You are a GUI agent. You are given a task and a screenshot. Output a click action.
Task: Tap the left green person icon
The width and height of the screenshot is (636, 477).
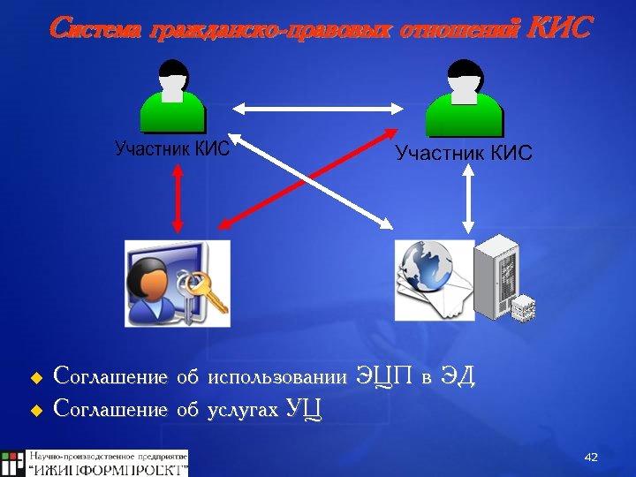(x=173, y=97)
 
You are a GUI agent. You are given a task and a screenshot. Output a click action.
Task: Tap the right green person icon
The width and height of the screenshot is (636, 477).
(x=464, y=97)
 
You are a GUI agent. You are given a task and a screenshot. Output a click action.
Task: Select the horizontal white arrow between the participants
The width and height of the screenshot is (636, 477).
(x=318, y=109)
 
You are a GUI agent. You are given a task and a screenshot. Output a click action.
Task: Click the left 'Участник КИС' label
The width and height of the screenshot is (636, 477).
(x=172, y=148)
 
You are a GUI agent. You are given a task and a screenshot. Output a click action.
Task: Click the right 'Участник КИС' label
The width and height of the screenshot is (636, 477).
(x=464, y=154)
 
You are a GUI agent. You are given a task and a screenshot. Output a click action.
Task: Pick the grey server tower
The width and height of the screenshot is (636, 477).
(x=499, y=276)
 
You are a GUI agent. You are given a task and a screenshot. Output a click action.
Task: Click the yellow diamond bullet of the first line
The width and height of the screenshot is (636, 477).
(x=36, y=378)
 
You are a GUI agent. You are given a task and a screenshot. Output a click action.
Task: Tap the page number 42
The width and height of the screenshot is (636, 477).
(x=591, y=457)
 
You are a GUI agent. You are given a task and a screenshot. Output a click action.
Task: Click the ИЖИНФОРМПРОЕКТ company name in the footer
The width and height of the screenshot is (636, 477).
(x=109, y=468)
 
